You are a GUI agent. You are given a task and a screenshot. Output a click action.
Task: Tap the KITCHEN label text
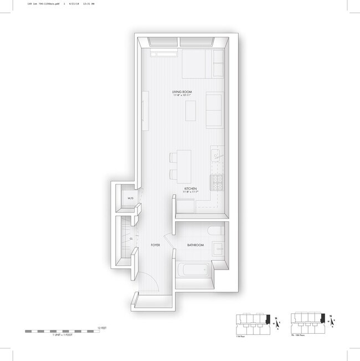191,189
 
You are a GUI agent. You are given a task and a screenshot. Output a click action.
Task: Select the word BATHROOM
195,245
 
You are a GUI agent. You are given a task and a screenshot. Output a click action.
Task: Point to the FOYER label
156,245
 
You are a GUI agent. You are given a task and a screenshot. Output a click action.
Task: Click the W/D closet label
131,199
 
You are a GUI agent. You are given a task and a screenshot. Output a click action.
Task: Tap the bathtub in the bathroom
196,272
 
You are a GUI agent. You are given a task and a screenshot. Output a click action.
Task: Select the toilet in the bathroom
216,231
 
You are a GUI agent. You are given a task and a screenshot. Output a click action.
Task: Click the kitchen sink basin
217,156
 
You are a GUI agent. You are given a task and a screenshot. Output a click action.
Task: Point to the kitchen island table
183,165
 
